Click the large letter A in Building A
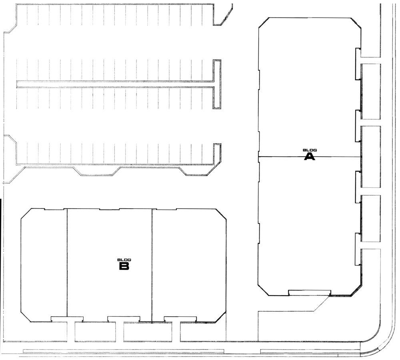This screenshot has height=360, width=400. (x=310, y=157)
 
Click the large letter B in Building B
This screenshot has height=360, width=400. (x=124, y=266)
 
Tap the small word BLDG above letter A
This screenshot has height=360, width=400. (x=310, y=151)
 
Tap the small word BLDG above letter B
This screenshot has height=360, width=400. (x=124, y=260)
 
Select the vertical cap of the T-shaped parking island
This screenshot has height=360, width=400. (x=217, y=84)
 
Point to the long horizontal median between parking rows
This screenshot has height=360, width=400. (x=115, y=84)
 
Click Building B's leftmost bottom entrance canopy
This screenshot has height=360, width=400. (x=67, y=319)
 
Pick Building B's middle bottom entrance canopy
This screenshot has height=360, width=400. (x=124, y=319)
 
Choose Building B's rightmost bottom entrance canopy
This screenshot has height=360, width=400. (x=180, y=319)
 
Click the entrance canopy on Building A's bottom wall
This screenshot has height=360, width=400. (x=310, y=293)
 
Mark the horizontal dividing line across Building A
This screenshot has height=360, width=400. (x=310, y=156)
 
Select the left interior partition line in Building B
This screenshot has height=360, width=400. (x=67, y=262)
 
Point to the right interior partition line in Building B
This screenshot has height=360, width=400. (x=152, y=265)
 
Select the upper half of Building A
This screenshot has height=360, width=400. (x=310, y=87)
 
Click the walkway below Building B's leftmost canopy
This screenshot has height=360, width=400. (x=71, y=332)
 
